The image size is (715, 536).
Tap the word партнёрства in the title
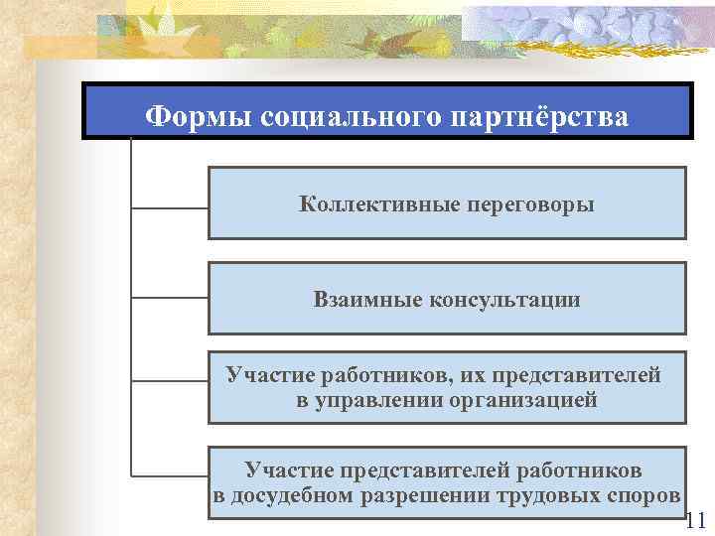(539, 116)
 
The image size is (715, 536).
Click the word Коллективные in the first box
(380, 204)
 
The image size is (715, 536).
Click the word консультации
(504, 299)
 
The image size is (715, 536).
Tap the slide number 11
(695, 520)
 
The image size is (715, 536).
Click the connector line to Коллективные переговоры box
(169, 207)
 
